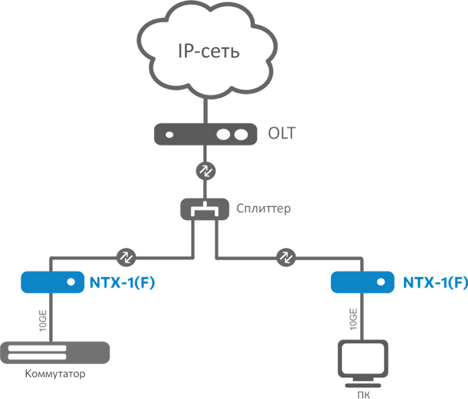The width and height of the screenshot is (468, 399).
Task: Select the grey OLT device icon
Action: point(205,134)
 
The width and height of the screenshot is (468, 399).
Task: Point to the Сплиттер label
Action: point(264,209)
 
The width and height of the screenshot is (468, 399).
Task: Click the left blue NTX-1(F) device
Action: point(52,283)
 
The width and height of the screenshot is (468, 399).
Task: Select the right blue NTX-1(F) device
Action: point(362,283)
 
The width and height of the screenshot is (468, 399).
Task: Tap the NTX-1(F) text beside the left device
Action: point(123,283)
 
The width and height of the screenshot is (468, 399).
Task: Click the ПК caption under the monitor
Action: point(362,393)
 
